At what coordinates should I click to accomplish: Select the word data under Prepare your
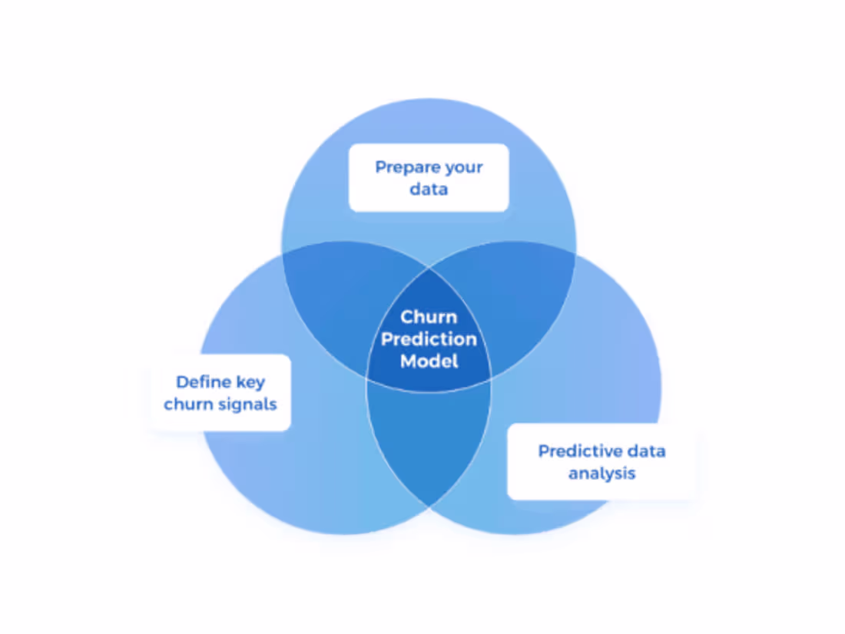(x=429, y=188)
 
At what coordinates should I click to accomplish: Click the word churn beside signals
(x=187, y=404)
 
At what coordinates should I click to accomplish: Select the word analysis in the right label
(x=601, y=473)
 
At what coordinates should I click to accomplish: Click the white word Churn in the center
(x=428, y=317)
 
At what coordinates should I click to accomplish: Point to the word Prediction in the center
(x=429, y=338)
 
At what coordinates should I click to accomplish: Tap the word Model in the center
(x=429, y=360)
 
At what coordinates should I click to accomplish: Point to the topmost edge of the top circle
(x=429, y=99)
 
